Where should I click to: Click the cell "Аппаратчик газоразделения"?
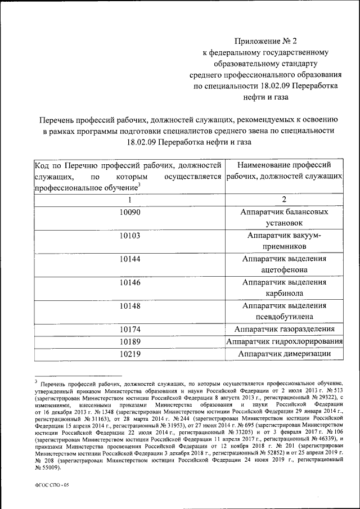pyautogui.click(x=284, y=329)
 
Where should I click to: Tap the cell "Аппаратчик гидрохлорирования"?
pyautogui.click(x=284, y=342)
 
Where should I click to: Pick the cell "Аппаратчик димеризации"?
pyautogui.click(x=284, y=354)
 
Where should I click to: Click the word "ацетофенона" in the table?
pyautogui.click(x=284, y=270)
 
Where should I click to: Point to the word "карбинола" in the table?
pyautogui.click(x=284, y=294)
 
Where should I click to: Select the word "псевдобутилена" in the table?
pyautogui.click(x=284, y=317)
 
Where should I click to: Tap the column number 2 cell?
pyautogui.click(x=284, y=200)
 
